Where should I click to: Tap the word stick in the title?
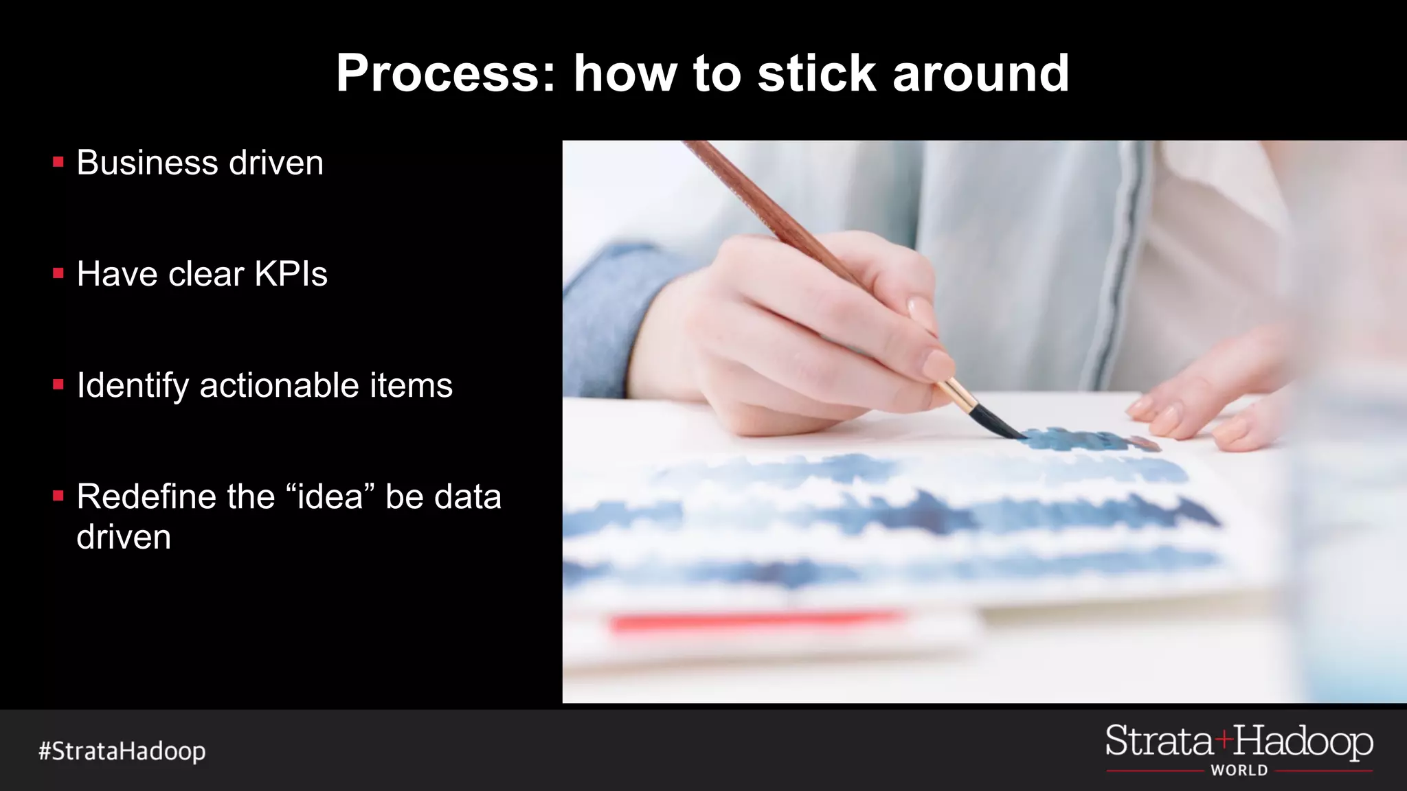817,73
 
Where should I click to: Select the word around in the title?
980,73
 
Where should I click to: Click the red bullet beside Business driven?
58,163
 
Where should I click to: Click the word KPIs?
291,274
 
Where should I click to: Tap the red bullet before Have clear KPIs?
58,274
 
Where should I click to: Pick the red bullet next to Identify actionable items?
58,385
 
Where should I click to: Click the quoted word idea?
330,496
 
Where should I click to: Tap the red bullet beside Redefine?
58,495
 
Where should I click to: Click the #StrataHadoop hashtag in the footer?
122,751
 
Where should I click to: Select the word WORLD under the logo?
1239,770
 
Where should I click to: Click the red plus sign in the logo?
1224,740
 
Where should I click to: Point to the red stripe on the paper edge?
756,622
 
